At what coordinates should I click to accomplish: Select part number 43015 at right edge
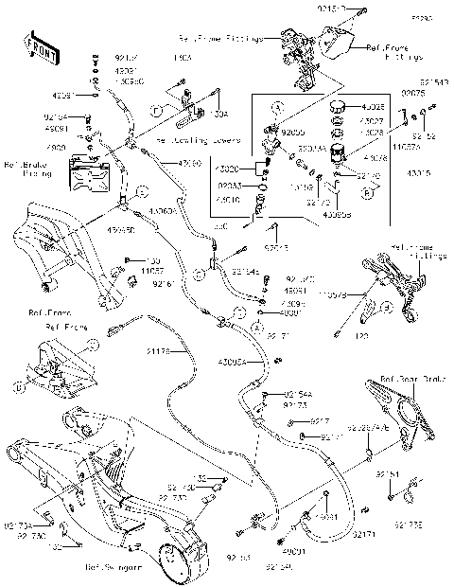pos(418,173)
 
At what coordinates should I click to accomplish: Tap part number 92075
pos(413,93)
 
